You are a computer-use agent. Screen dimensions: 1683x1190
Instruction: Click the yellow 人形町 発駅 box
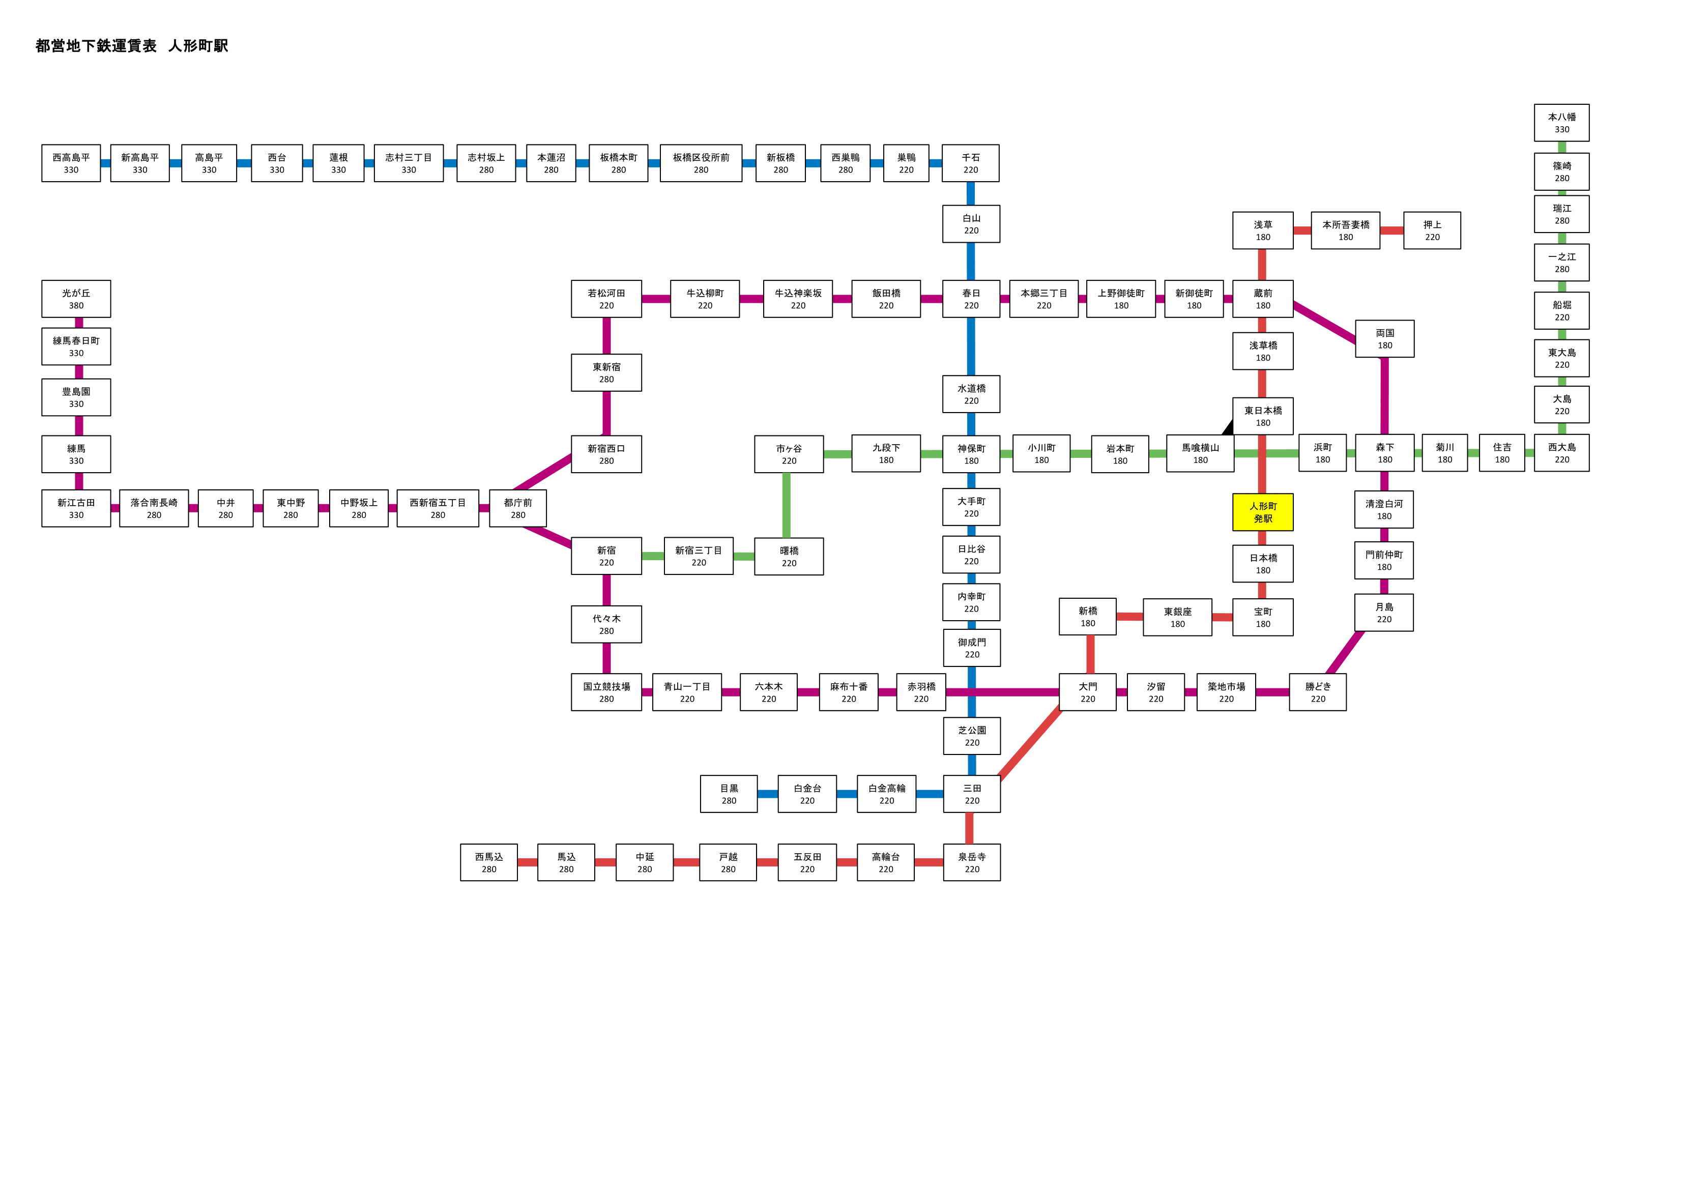(x=1262, y=512)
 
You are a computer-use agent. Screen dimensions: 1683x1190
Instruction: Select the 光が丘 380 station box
(x=76, y=299)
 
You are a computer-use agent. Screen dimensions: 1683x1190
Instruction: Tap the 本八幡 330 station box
(x=1561, y=123)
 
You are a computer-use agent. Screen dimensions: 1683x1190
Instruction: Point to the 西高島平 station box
(x=71, y=163)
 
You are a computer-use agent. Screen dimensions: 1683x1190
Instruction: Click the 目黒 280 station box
(x=729, y=794)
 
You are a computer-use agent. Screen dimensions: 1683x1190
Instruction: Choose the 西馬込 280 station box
(x=489, y=862)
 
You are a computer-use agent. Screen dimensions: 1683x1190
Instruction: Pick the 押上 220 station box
(x=1432, y=230)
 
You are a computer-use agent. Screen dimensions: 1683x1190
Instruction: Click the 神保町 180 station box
(x=971, y=454)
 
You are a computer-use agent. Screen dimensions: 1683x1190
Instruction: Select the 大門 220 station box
(x=1088, y=692)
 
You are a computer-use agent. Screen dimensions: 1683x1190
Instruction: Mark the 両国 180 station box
(x=1385, y=339)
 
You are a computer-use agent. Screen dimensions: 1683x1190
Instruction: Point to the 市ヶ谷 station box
(x=789, y=454)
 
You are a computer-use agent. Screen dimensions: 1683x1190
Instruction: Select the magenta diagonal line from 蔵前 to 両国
(x=1324, y=322)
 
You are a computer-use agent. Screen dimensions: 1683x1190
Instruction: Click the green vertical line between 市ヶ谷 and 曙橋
(x=787, y=505)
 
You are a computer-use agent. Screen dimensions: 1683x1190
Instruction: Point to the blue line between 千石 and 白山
(x=971, y=193)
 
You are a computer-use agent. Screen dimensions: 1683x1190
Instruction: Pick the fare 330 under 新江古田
(x=76, y=515)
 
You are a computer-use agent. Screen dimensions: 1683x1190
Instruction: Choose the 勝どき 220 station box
(x=1317, y=692)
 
